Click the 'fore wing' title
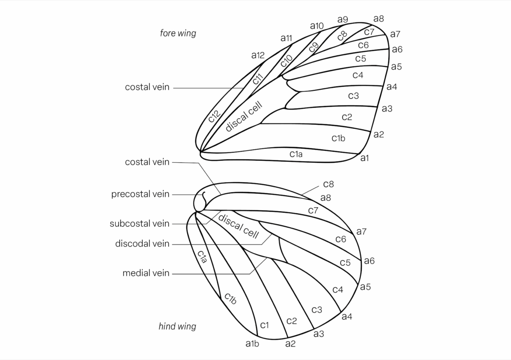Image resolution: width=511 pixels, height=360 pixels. pos(178,33)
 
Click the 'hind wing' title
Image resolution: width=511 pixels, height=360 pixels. pos(177,327)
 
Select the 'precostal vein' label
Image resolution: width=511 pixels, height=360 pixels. pos(140,194)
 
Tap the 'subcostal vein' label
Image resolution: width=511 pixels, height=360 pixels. pos(140,224)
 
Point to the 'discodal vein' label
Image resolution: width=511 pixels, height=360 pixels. pos(142,244)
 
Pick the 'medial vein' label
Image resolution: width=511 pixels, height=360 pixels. pos(146,273)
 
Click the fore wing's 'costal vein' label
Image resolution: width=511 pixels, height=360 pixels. pos(147,87)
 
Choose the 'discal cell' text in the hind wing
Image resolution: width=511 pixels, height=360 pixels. pos(238,226)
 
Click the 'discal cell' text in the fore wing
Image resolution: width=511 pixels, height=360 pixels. pos(244,116)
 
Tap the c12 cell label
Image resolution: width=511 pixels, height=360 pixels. pos(214,116)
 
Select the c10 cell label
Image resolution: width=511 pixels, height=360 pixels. pos(286,60)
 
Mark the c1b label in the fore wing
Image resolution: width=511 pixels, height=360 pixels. pos(338,138)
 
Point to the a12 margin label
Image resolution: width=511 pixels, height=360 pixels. pos(258,55)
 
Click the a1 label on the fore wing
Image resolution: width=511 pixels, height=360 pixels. pos(365,158)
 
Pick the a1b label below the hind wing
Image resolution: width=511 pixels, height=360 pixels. pos(252,344)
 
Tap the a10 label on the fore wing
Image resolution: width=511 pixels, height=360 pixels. pos(317,26)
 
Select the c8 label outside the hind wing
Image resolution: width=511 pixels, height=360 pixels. pos(328,184)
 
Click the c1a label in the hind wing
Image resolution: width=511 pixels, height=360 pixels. pos(202,257)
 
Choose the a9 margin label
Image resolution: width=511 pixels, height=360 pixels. pos(343,19)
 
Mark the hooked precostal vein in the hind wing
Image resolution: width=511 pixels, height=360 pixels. pos(204,197)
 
